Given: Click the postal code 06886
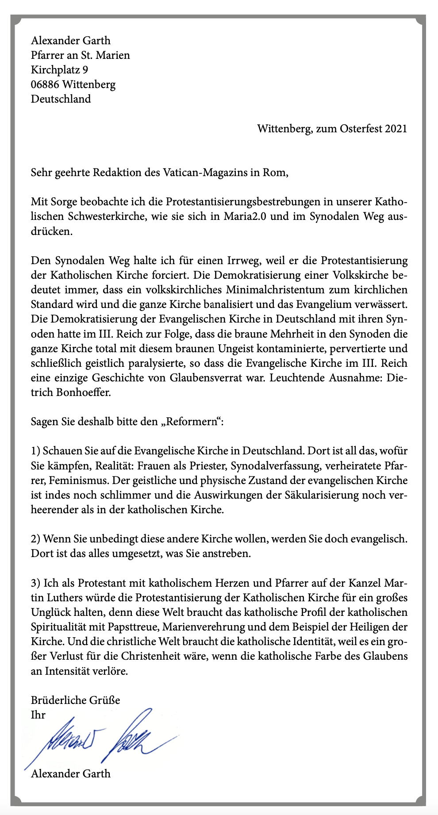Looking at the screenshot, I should [45, 84].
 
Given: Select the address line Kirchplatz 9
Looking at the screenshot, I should [59, 69].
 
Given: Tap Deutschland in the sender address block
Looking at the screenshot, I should [61, 99].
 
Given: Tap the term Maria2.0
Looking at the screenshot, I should [244, 217].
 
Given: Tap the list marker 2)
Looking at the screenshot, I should [36, 539].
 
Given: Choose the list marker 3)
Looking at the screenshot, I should [36, 583].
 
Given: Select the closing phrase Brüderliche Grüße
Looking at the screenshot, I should [75, 700].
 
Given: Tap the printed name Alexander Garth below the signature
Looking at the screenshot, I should [71, 773].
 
